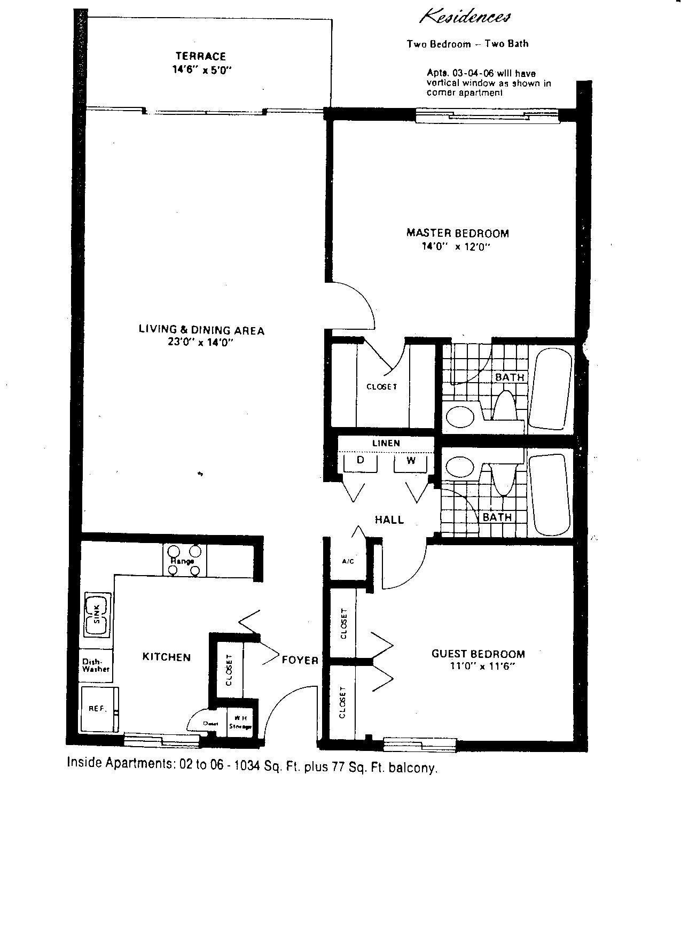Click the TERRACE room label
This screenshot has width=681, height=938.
pos(201,56)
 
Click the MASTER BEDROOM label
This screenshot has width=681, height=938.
pos(458,233)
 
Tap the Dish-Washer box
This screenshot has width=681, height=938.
pos(96,665)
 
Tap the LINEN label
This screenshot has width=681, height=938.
pos(386,443)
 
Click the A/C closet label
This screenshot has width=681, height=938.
pos(348,561)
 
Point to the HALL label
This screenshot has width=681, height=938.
pos(389,520)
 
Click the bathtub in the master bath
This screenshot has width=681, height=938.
pos(550,388)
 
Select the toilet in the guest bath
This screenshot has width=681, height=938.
pos(502,476)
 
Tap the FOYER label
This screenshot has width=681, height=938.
pos(300,660)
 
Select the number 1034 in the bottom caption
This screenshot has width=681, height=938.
pos(248,766)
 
